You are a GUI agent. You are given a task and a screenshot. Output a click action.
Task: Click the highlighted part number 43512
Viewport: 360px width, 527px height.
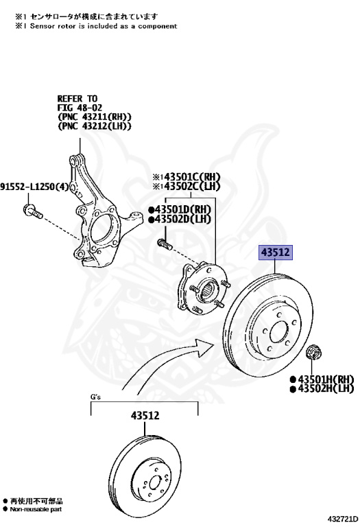click(x=276, y=252)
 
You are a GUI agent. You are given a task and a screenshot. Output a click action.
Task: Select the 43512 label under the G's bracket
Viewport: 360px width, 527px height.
click(x=145, y=416)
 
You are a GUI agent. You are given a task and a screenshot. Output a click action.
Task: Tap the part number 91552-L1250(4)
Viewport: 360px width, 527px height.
click(x=34, y=187)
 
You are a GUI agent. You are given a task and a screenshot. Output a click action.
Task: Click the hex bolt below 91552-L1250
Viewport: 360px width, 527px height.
click(x=33, y=211)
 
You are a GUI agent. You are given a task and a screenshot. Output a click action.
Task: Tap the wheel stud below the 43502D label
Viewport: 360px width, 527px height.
click(x=165, y=244)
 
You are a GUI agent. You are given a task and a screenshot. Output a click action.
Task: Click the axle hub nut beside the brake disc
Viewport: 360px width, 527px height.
click(x=314, y=352)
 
